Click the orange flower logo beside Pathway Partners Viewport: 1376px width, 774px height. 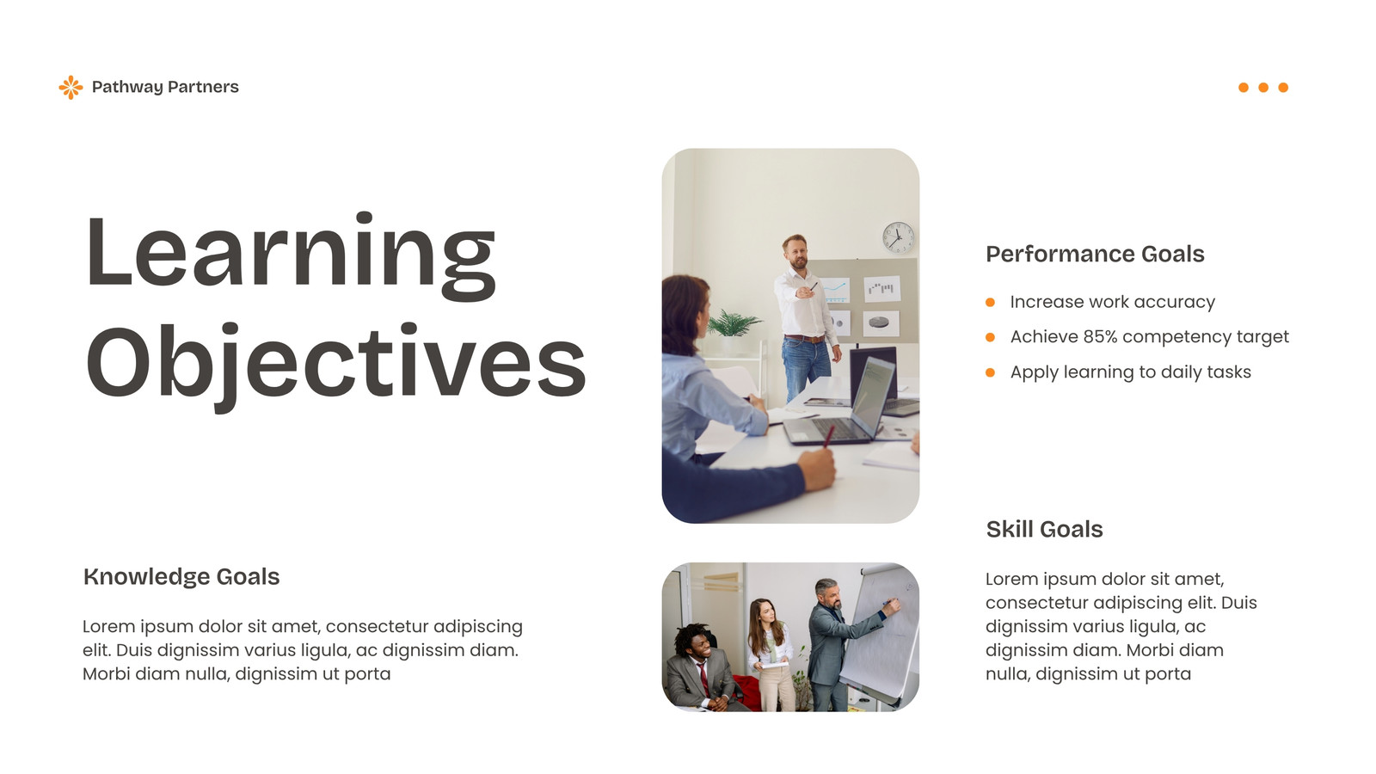click(71, 87)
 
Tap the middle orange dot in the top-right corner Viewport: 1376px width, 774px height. click(1263, 87)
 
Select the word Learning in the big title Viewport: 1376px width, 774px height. click(291, 257)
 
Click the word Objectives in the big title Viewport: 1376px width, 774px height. click(336, 365)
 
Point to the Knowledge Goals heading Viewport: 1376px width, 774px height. click(181, 577)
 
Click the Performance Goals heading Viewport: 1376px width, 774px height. click(1095, 255)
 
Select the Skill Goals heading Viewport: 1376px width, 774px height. click(1044, 530)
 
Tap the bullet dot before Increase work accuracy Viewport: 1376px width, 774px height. click(990, 302)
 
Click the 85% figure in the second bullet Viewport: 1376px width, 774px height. click(1100, 336)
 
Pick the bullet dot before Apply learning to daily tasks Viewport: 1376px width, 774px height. click(990, 372)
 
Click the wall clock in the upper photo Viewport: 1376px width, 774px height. click(898, 237)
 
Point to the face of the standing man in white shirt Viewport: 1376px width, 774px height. click(796, 253)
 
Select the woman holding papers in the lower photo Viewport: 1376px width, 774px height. click(771, 654)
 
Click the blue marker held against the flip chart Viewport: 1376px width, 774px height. click(890, 603)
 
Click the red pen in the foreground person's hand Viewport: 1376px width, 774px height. click(829, 436)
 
